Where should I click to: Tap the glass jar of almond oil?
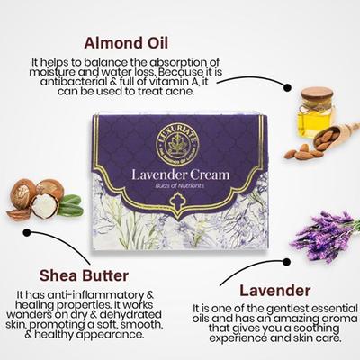point(317,115)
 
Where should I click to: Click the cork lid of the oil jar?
point(317,94)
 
